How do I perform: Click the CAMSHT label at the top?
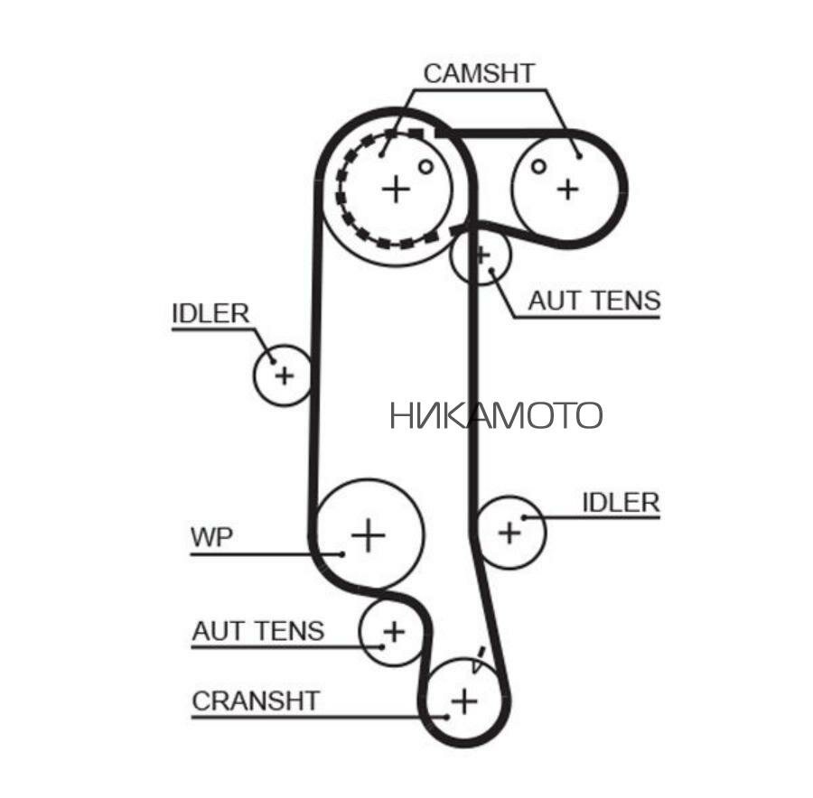(480, 73)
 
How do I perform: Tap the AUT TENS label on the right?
(593, 301)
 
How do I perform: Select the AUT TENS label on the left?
(257, 629)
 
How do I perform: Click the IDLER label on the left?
(210, 313)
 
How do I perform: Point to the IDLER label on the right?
(621, 502)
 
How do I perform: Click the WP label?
(211, 537)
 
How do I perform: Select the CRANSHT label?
(256, 701)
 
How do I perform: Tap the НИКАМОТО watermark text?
(496, 415)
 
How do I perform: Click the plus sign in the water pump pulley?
(368, 534)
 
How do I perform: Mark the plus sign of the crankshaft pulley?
(463, 700)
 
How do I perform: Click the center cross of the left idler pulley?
(284, 374)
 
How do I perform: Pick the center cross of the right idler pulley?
(510, 532)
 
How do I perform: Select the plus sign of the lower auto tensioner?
(393, 631)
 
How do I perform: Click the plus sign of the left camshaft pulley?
(396, 189)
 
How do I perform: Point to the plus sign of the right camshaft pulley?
(567, 189)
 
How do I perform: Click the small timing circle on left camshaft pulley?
(425, 166)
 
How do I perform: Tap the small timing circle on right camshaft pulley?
(538, 166)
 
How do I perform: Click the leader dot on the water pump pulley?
(343, 553)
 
